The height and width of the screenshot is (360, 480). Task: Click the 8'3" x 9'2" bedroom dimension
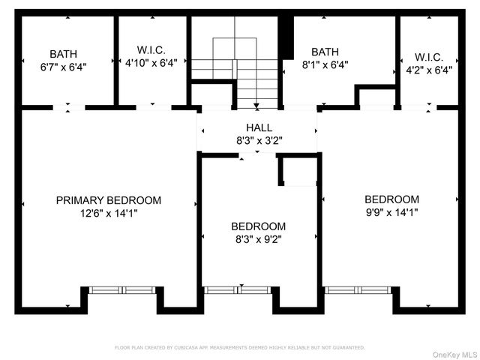click(x=258, y=239)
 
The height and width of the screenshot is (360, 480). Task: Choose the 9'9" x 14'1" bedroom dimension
click(x=391, y=212)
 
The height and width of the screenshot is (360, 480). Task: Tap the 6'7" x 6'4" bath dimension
click(x=62, y=66)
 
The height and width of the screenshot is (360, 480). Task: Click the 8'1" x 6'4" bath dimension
click(x=325, y=64)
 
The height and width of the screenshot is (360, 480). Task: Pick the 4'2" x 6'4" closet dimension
click(x=428, y=70)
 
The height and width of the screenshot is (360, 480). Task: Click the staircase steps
click(x=235, y=75)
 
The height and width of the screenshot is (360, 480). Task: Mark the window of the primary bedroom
click(x=121, y=289)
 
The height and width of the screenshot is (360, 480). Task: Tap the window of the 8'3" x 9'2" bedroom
click(x=237, y=289)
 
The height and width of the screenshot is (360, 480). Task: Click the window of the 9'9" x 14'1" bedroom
click(x=358, y=289)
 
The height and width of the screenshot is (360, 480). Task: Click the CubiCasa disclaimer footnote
click(x=239, y=347)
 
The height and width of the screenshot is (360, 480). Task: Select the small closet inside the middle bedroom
click(x=299, y=171)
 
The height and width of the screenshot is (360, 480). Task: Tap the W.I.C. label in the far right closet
click(x=428, y=57)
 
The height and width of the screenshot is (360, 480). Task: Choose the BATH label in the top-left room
click(x=62, y=54)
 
